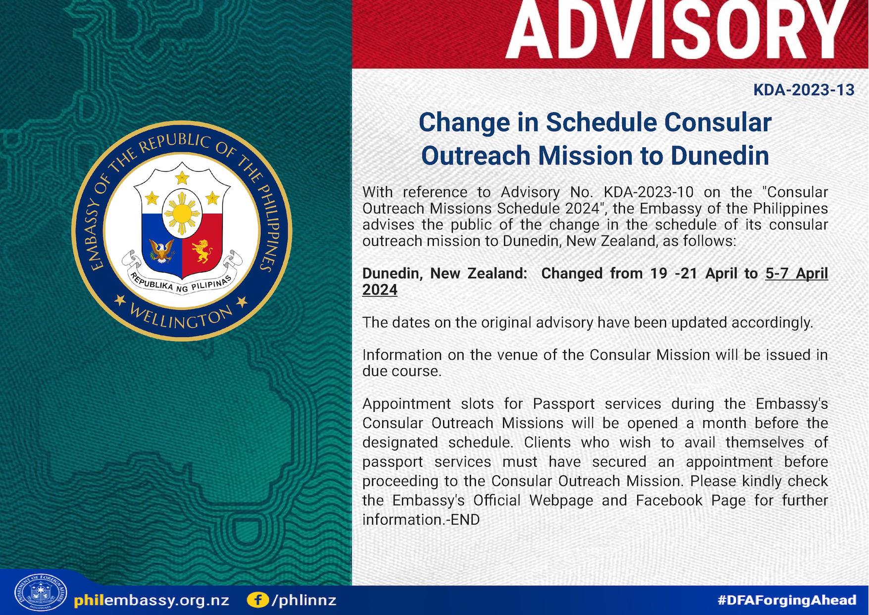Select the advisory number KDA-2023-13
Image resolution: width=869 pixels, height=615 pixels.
click(x=804, y=90)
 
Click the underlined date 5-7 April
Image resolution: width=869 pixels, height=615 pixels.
click(x=796, y=273)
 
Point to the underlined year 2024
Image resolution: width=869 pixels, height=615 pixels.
click(x=380, y=289)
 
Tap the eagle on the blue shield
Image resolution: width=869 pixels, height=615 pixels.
click(x=161, y=250)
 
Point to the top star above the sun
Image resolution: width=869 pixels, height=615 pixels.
click(x=182, y=176)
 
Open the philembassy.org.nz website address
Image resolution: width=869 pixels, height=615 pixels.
click(x=152, y=601)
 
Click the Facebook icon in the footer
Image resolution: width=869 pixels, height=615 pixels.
click(x=257, y=600)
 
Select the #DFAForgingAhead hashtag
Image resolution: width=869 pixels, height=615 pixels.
click(x=787, y=600)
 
